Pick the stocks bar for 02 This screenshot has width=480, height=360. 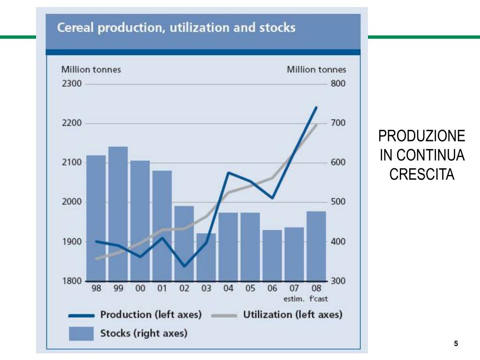(x=184, y=243)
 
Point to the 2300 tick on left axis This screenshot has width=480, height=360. (x=72, y=84)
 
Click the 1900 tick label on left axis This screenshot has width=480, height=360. (x=72, y=242)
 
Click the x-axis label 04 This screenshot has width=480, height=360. (x=228, y=289)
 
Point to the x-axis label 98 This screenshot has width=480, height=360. (x=96, y=289)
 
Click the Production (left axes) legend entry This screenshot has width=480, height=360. (x=150, y=315)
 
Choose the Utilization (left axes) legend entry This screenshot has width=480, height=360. (x=292, y=315)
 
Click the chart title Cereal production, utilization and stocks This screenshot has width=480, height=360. (x=176, y=28)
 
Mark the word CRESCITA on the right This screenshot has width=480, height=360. (x=422, y=174)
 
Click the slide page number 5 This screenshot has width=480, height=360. (x=456, y=344)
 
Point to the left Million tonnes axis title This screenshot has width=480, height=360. (x=91, y=69)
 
